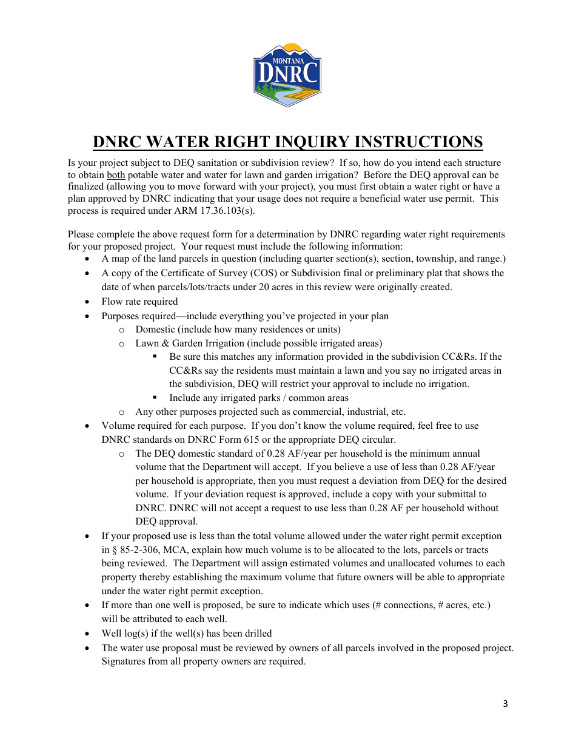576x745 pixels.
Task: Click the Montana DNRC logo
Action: pos(287,75)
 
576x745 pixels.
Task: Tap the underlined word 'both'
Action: pos(116,175)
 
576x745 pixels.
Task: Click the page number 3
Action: pos(505,703)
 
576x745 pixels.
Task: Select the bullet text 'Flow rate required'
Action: pos(139,302)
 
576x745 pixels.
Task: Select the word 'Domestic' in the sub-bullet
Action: pos(155,329)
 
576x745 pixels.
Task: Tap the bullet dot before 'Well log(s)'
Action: pos(89,634)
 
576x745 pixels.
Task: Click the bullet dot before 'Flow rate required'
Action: pos(89,302)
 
